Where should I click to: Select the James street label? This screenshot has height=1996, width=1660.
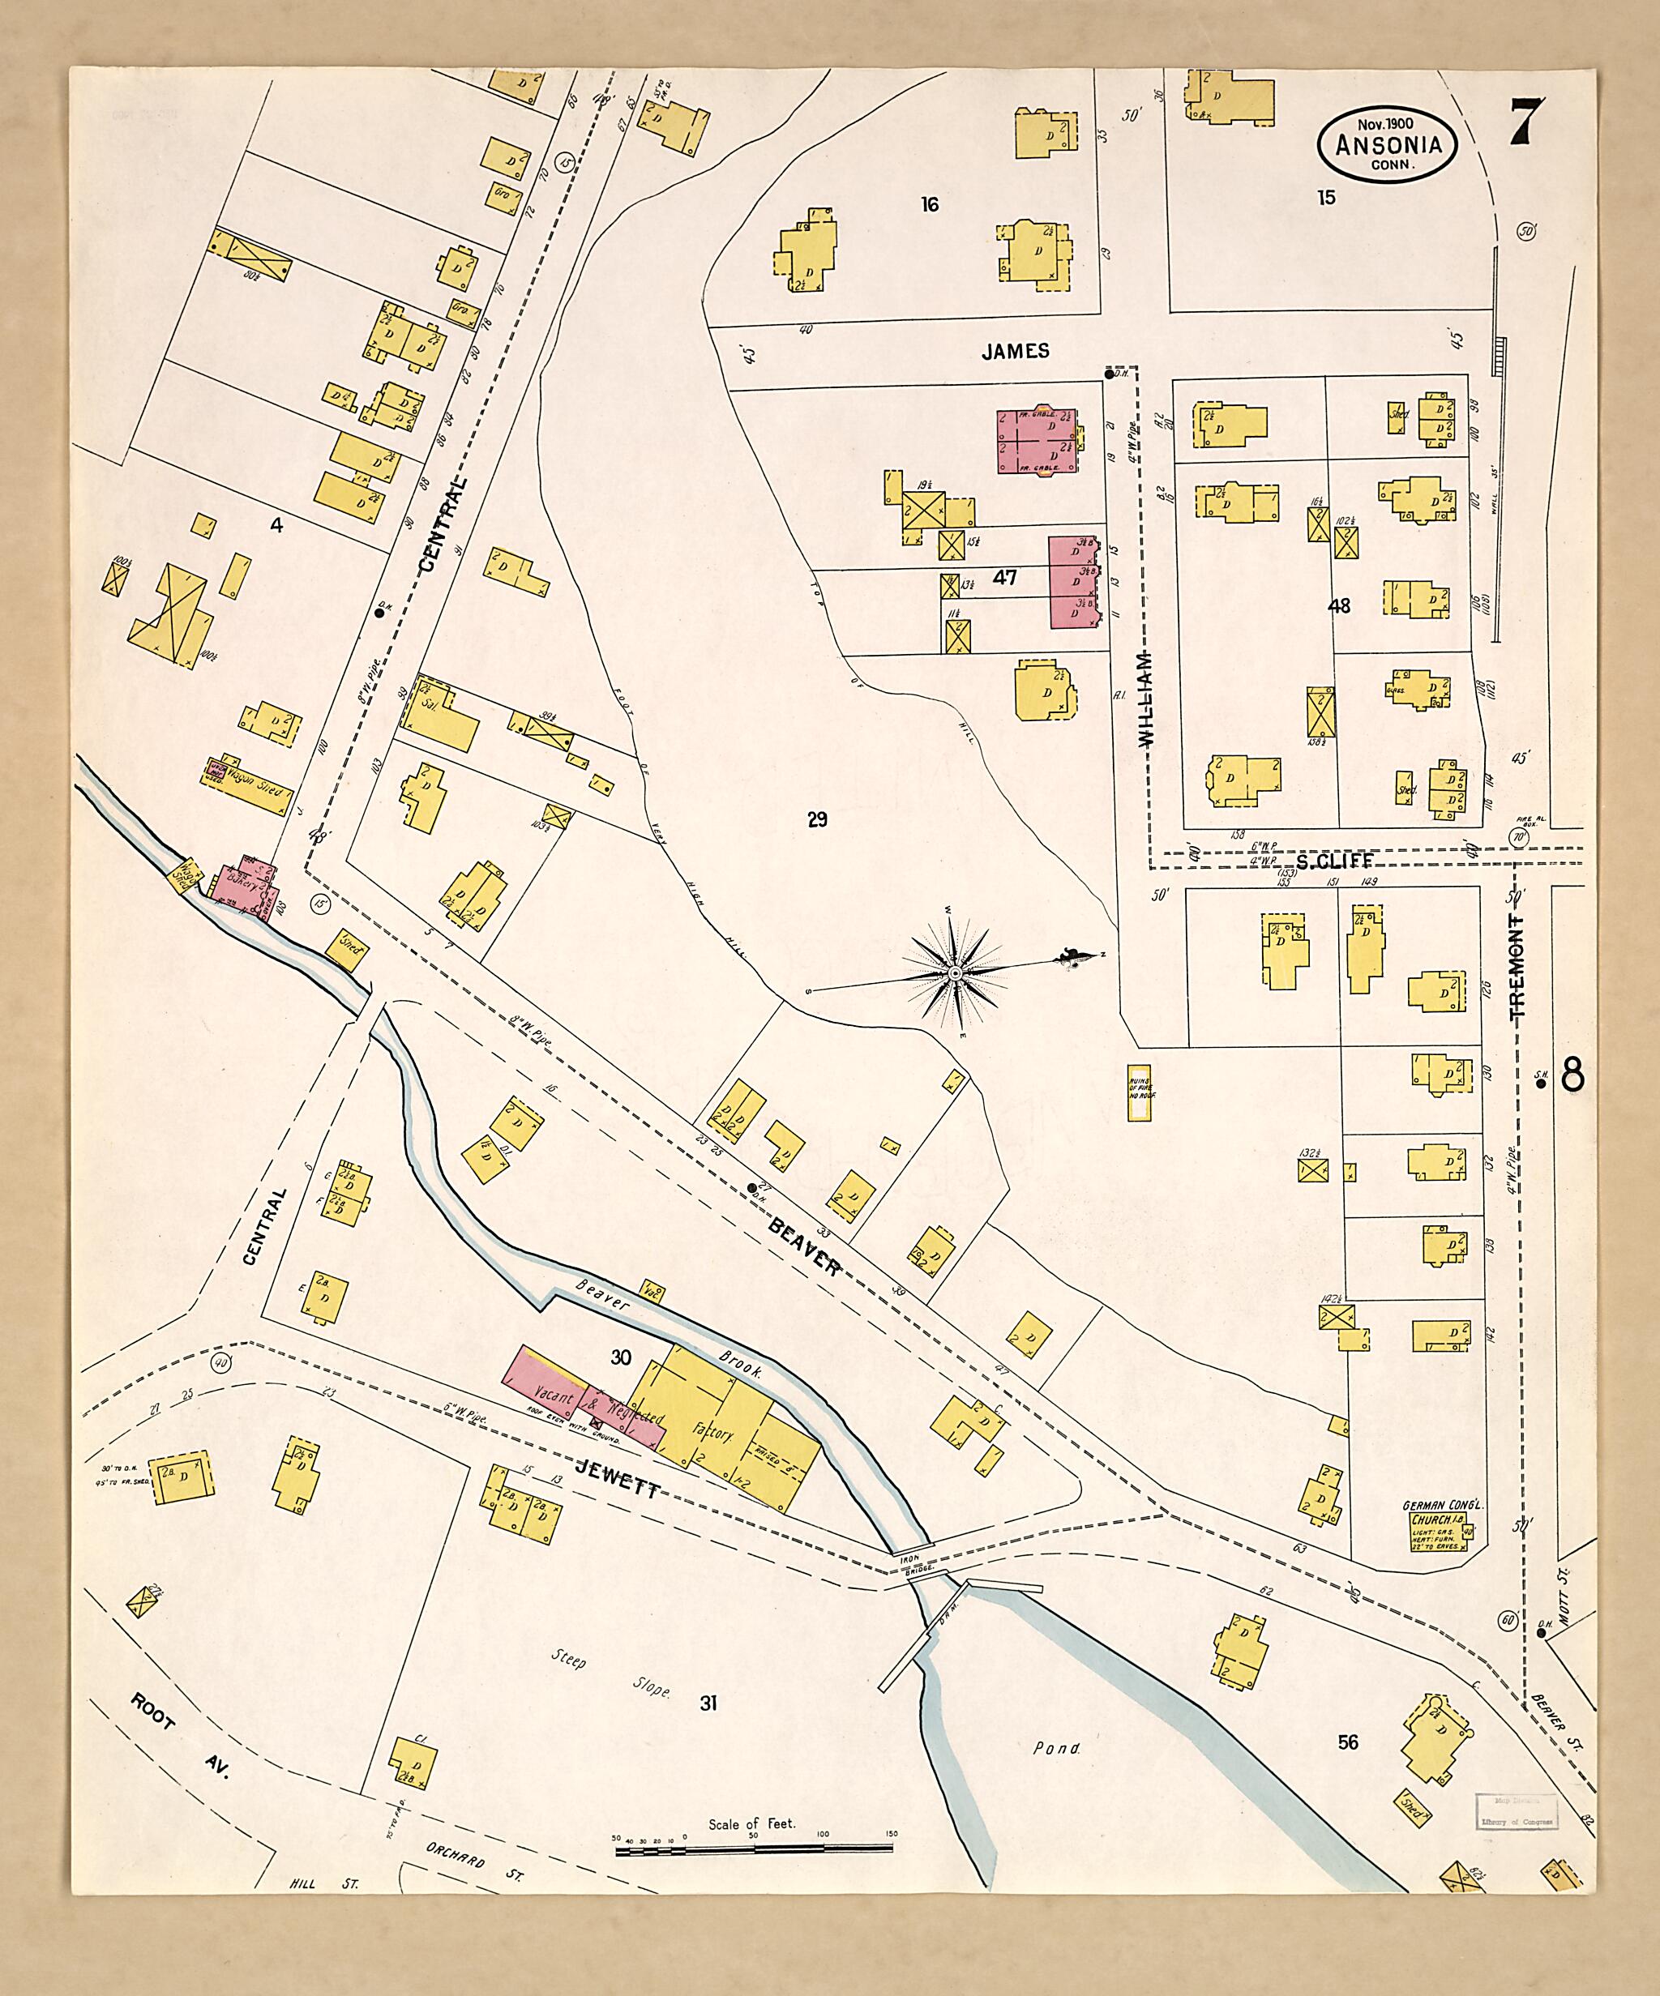pos(1016,351)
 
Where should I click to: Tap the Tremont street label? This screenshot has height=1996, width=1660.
pos(1517,967)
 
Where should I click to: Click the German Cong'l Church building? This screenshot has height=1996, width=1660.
pos(1441,1530)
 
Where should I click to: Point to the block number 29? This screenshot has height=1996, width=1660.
pos(817,819)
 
